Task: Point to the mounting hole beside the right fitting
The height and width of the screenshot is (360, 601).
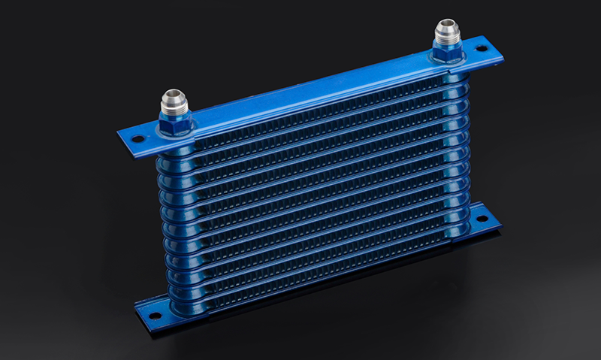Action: click(482, 51)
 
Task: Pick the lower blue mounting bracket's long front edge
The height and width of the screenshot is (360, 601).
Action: click(316, 278)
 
